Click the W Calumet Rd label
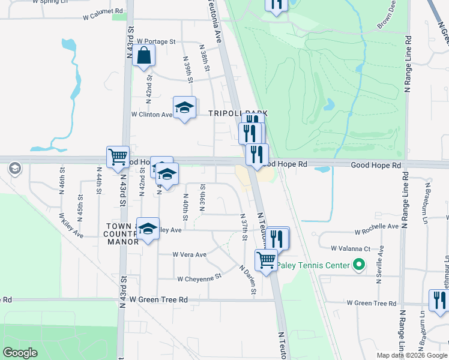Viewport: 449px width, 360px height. (x=103, y=12)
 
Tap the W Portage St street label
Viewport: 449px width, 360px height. (x=155, y=42)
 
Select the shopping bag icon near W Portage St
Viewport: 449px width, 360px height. (x=145, y=56)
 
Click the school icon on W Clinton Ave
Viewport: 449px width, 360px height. (x=184, y=107)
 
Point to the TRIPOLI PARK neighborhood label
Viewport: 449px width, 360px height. (x=237, y=113)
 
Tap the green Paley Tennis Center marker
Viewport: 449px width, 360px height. (x=359, y=264)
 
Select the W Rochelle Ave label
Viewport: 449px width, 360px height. (x=376, y=227)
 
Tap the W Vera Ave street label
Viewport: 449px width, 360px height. (x=189, y=254)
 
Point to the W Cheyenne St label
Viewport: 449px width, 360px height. (x=199, y=278)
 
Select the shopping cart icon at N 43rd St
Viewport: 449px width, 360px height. (x=118, y=157)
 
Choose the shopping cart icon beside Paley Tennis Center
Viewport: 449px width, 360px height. (x=266, y=260)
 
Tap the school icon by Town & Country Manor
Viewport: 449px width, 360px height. (x=148, y=229)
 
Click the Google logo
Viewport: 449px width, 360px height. (x=20, y=353)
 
